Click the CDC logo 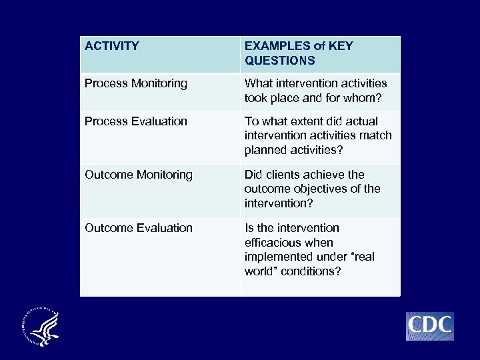click(x=430, y=326)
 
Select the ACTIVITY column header click(x=112, y=46)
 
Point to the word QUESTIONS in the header click(x=280, y=61)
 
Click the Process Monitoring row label click(x=136, y=83)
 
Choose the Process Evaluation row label click(x=136, y=121)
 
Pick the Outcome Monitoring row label click(x=139, y=175)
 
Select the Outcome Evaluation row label click(x=139, y=228)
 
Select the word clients click(x=283, y=175)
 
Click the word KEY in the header click(x=340, y=46)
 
